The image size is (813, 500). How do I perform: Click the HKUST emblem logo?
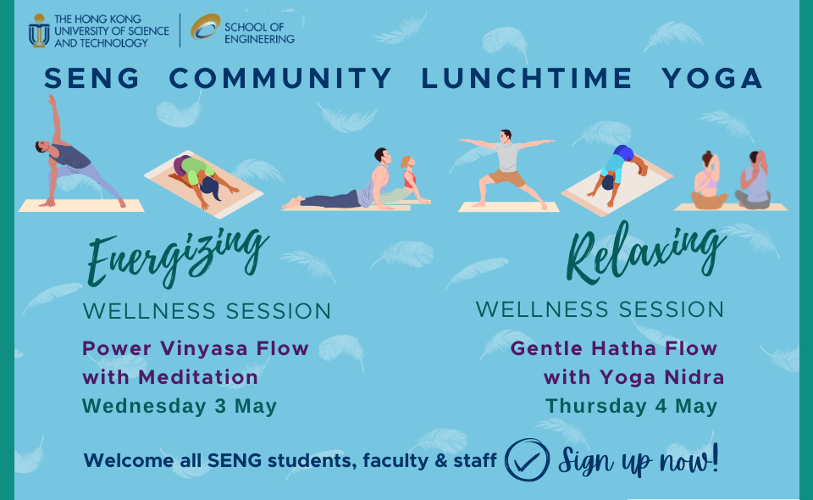pyautogui.click(x=38, y=31)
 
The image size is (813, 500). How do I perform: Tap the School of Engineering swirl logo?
pyautogui.click(x=205, y=26)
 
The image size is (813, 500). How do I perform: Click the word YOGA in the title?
pyautogui.click(x=711, y=78)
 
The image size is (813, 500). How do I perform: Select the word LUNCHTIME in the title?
pyautogui.click(x=526, y=78)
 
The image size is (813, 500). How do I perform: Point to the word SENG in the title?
pyautogui.click(x=91, y=78)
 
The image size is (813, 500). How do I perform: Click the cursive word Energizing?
pyautogui.click(x=177, y=256)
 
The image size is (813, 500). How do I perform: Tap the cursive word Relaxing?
pyautogui.click(x=646, y=252)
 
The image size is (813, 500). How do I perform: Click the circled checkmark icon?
pyautogui.click(x=527, y=460)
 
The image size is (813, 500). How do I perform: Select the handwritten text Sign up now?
pyautogui.click(x=639, y=460)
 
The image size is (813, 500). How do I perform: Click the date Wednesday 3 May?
pyautogui.click(x=180, y=406)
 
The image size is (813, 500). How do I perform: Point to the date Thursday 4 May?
pyautogui.click(x=631, y=406)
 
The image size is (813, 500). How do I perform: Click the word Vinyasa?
pyautogui.click(x=204, y=348)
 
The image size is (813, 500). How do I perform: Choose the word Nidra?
pyautogui.click(x=694, y=377)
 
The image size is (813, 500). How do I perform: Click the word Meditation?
pyautogui.click(x=198, y=377)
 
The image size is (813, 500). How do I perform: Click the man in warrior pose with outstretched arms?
pyautogui.click(x=507, y=169)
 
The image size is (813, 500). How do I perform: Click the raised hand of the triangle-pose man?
pyautogui.click(x=51, y=98)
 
